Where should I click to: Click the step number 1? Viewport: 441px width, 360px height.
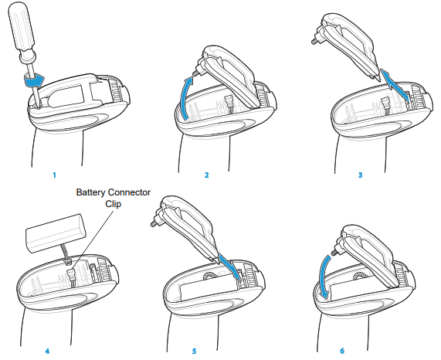pyautogui.click(x=55, y=175)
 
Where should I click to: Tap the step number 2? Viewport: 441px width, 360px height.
pyautogui.click(x=207, y=175)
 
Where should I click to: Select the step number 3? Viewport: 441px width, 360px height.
pyautogui.click(x=360, y=175)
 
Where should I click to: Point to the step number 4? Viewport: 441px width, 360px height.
pyautogui.click(x=47, y=352)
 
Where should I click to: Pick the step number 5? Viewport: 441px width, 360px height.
pyautogui.click(x=194, y=352)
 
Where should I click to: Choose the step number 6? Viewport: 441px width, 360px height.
pyautogui.click(x=342, y=351)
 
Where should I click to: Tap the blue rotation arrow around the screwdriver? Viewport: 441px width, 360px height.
pyautogui.click(x=33, y=80)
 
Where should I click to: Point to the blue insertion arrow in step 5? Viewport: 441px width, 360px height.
pyautogui.click(x=230, y=266)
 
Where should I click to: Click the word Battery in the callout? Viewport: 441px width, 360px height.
pyautogui.click(x=91, y=192)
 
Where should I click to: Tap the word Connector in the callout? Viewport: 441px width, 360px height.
pyautogui.click(x=130, y=192)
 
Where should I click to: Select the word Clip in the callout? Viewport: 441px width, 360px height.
pyautogui.click(x=114, y=204)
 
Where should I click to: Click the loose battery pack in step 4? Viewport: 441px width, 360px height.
pyautogui.click(x=56, y=233)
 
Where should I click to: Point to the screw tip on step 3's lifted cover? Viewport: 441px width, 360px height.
pyautogui.click(x=313, y=41)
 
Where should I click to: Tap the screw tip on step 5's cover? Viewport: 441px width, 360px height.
pyautogui.click(x=153, y=225)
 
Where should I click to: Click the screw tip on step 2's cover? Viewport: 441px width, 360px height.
pyautogui.click(x=194, y=72)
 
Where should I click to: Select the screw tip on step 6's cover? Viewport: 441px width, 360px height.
pyautogui.click(x=334, y=252)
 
